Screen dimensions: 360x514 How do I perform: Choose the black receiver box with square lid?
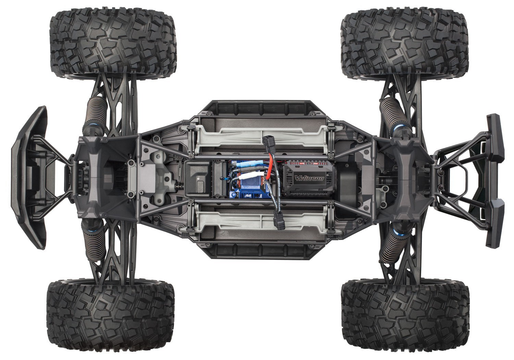(x=198, y=179)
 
